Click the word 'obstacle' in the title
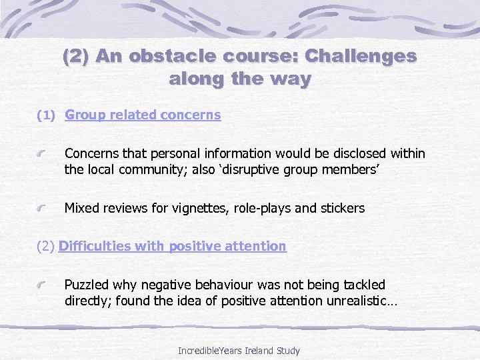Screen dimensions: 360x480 pyautogui.click(x=164, y=56)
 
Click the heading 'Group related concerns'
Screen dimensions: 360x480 pyautogui.click(x=143, y=115)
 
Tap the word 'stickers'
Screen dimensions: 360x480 pyautogui.click(x=342, y=208)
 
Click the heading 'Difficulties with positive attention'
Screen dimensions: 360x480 pyautogui.click(x=172, y=246)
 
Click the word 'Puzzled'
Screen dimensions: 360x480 pyautogui.click(x=87, y=285)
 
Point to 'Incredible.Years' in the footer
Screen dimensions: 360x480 pyautogui.click(x=206, y=350)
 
